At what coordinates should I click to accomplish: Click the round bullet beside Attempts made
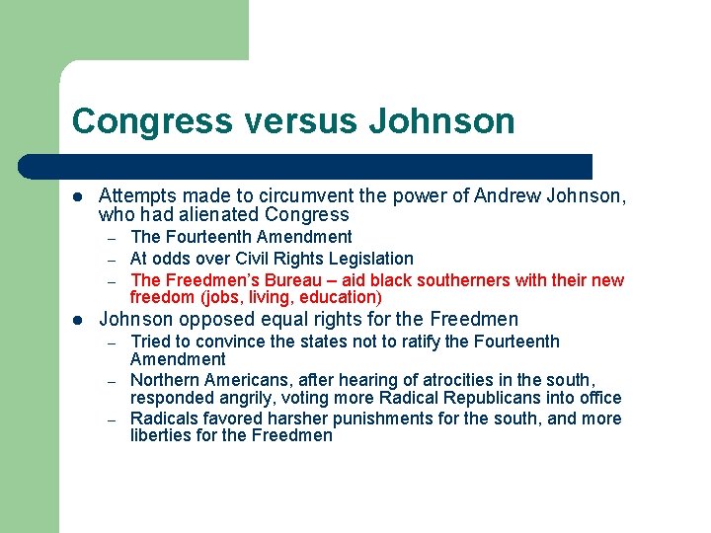pos(78,196)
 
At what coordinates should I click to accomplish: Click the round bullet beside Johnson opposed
pos(78,320)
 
